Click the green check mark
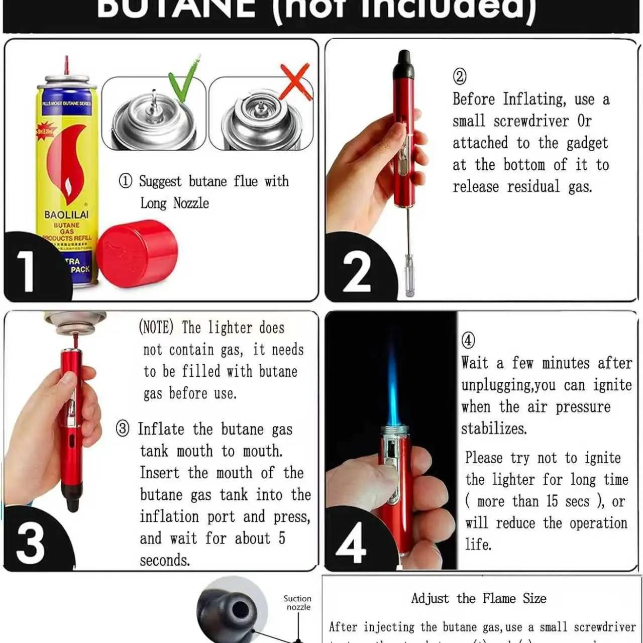point(183,80)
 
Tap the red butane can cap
point(137,254)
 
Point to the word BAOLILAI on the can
point(66,215)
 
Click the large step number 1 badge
point(26,271)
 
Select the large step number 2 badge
point(357,271)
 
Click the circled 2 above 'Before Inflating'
point(460,76)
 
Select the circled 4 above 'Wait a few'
point(468,340)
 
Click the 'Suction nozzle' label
point(297,602)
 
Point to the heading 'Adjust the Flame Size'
point(479,598)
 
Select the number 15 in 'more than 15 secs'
point(552,501)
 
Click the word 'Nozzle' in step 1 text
point(191,203)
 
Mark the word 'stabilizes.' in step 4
point(494,428)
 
